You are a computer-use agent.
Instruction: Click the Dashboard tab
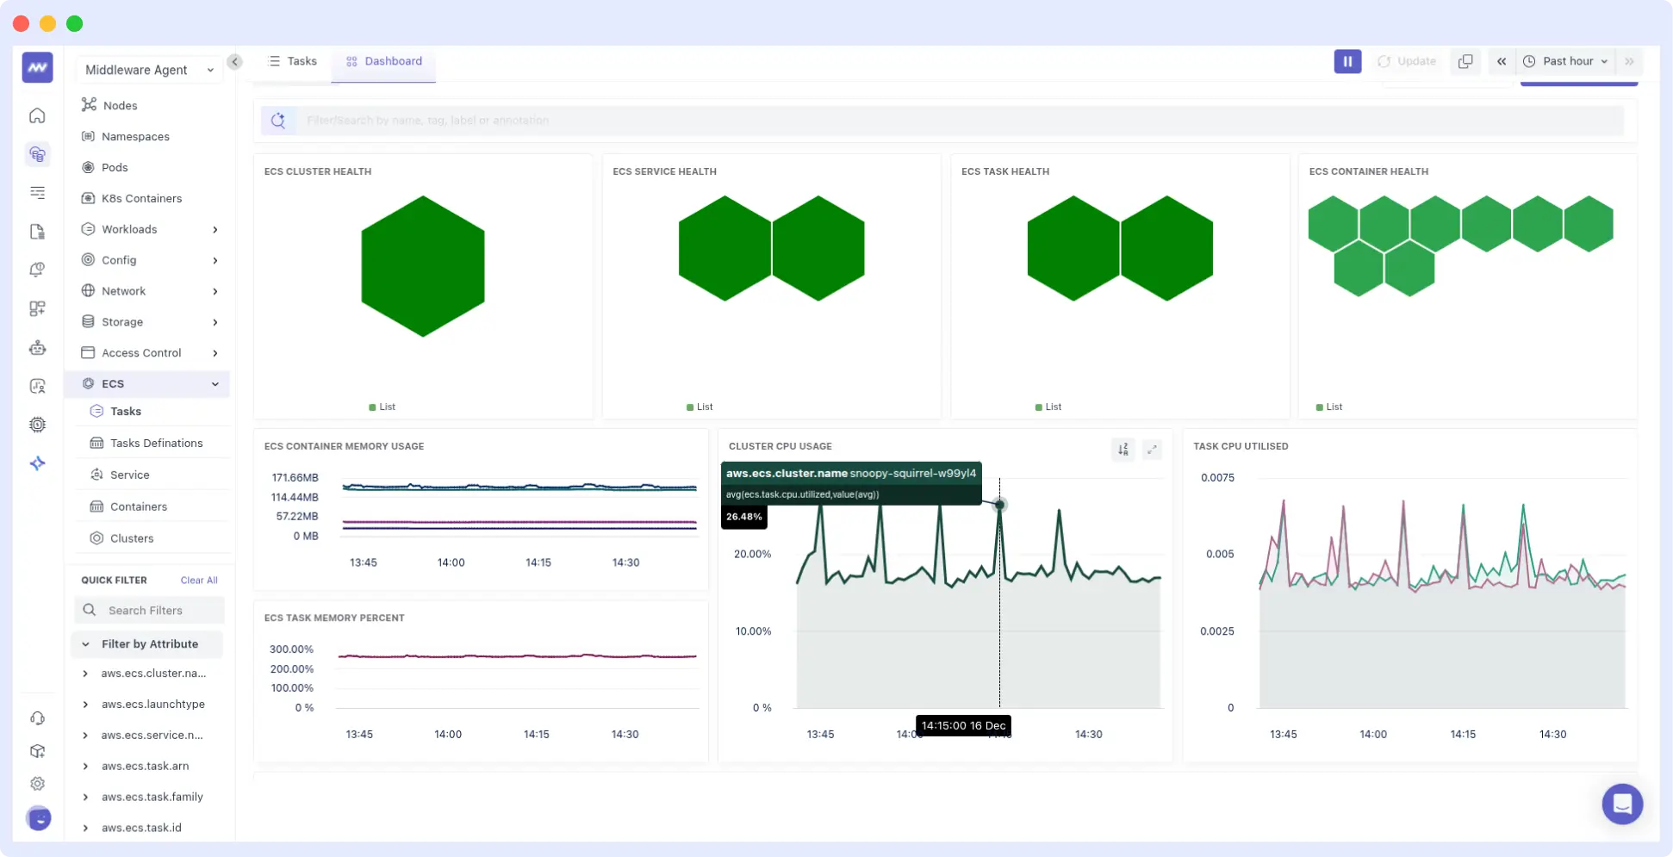384,61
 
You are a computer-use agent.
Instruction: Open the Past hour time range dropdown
1566,61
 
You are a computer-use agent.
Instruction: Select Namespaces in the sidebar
135,136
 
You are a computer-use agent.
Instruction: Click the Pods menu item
115,167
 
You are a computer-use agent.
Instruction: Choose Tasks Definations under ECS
156,443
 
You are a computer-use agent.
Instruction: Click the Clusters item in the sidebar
132,538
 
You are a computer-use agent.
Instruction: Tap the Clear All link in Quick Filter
199,580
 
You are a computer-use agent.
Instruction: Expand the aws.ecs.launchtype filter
152,704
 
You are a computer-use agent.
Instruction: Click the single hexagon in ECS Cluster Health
422,265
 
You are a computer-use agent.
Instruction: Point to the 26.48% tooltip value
743,517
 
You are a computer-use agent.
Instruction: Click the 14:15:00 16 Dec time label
963,725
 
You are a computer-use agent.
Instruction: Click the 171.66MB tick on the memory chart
295,477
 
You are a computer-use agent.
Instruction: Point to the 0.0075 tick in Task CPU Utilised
1217,477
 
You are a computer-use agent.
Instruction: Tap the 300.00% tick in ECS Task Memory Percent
291,649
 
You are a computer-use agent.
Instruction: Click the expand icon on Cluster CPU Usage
1152,450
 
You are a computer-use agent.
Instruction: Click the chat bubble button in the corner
1621,804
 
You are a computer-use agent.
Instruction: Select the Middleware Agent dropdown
148,70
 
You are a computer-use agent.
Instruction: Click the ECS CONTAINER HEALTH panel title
1368,171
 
